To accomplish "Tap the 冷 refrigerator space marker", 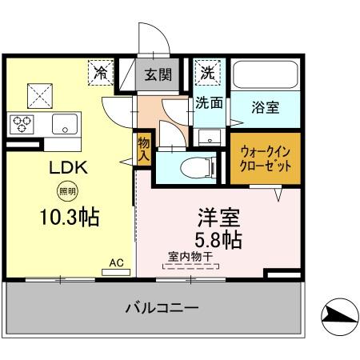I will pos(102,73).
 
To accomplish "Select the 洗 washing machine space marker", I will pos(206,72).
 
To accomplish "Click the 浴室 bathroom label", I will pos(265,106).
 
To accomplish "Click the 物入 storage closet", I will pos(143,149).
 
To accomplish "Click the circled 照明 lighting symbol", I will pos(66,191).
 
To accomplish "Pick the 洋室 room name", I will pos(216,217).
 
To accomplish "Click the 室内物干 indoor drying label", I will pos(190,257).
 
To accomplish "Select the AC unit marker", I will pos(116,265).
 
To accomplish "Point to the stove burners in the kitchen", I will pos(22,123).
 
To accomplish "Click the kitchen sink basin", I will pos(65,124).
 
